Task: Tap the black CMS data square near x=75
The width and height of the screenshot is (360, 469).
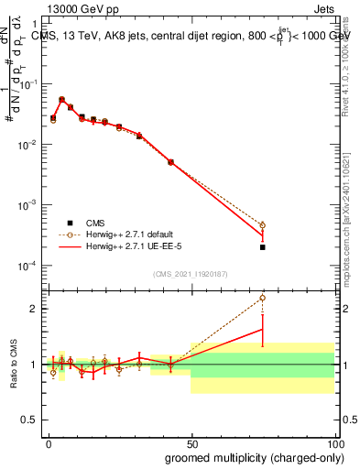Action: click(x=262, y=247)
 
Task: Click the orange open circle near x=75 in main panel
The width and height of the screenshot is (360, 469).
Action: click(x=262, y=225)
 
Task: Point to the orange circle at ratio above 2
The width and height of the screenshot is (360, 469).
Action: click(x=262, y=298)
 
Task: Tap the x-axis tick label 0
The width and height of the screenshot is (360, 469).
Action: click(x=49, y=442)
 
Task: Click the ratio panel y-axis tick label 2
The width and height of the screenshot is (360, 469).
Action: click(x=33, y=309)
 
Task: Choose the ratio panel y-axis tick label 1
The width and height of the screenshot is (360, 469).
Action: click(x=33, y=365)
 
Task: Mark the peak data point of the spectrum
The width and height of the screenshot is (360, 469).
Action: click(x=61, y=99)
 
